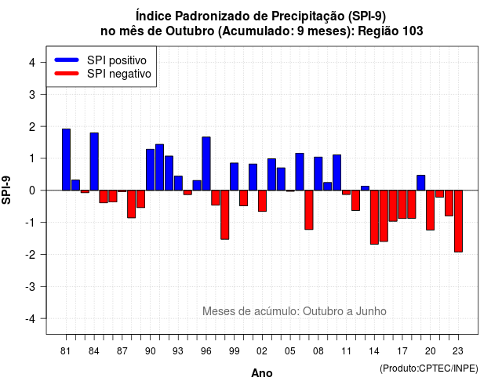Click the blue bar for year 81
coord(66,160)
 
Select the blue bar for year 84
coord(94,162)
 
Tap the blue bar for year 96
coord(206,164)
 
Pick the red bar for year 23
coord(458,221)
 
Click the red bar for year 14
coord(374,217)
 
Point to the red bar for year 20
coord(431,210)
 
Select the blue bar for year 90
coord(150,169)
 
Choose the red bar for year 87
coord(122,191)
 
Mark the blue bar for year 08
coord(318,174)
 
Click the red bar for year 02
coord(262,201)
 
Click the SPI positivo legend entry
coord(100,60)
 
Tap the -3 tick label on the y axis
coord(31,287)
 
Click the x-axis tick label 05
coord(290,351)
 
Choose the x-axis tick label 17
coord(402,351)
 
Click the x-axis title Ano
coord(262,373)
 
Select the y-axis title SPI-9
coord(6,190)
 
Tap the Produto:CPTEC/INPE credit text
coord(429,368)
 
